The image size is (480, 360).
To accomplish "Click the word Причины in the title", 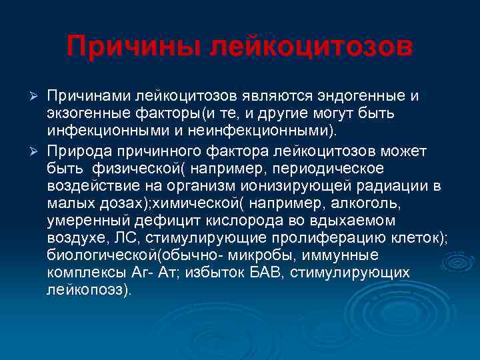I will (133, 47).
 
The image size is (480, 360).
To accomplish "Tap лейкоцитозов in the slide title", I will (311, 47).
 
